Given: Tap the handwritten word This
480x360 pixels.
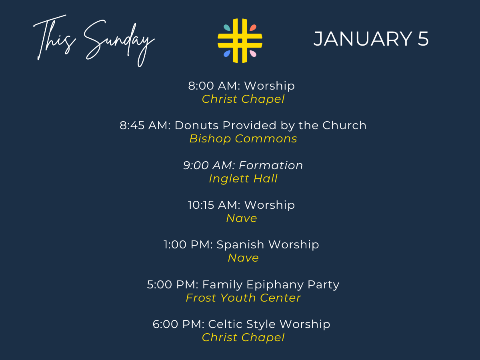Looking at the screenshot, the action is tap(55, 37).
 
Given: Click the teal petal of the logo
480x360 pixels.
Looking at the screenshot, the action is tap(227, 28).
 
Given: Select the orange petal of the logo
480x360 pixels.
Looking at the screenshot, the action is tap(253, 28).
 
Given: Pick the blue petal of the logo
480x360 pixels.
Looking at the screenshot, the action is tap(227, 54).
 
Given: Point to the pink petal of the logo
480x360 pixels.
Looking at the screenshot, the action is tap(253, 54).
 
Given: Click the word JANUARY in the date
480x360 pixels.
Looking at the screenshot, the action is tap(363, 39).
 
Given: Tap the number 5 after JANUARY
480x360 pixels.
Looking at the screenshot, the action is tap(423, 39).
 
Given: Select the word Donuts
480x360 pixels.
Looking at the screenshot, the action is tap(196, 126).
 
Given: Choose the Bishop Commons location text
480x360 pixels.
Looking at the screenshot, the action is tap(243, 139).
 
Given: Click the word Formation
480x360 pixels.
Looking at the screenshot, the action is tap(271, 165).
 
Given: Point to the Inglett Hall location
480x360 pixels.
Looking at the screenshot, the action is tap(243, 178).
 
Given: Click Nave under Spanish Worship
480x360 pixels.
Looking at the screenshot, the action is tap(243, 258).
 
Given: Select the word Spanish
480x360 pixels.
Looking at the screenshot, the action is tap(240, 244).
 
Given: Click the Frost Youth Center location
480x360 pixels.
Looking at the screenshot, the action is tap(243, 298).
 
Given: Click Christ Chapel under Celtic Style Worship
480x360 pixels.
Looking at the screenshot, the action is tap(243, 338).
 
